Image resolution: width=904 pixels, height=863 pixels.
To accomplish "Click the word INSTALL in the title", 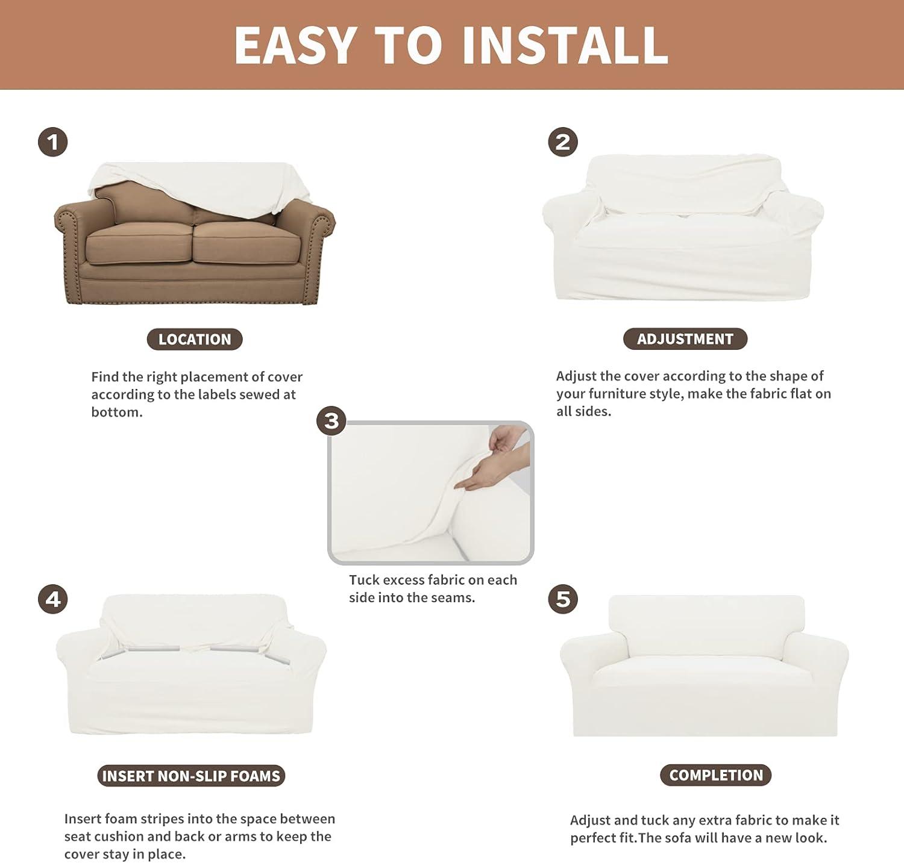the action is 565,45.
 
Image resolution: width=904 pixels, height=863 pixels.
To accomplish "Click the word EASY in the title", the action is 295,45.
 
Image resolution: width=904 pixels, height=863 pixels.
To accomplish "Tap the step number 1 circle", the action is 53,142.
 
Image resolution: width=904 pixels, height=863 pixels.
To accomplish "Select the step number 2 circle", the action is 563,142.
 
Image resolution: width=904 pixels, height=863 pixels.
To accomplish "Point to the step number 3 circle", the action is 331,420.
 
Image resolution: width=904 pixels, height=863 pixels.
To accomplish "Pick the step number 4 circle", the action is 53,599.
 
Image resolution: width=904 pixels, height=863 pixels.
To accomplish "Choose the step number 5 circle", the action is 563,599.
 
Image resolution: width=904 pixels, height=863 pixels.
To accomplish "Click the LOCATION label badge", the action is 195,339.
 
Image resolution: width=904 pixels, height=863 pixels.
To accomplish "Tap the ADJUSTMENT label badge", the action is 685,339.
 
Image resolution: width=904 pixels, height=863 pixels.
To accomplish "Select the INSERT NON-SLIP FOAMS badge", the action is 191,776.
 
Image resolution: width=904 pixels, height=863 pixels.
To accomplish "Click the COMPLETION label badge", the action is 716,775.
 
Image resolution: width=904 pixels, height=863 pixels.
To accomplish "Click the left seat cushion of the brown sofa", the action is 140,243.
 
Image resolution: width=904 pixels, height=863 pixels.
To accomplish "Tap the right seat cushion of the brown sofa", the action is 248,242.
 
